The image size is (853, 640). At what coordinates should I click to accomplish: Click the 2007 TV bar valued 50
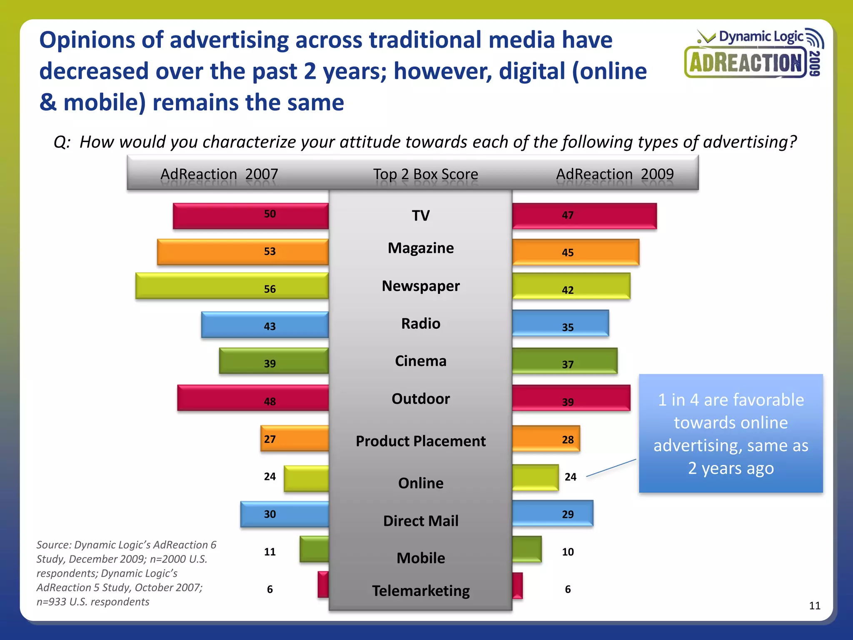pos(250,216)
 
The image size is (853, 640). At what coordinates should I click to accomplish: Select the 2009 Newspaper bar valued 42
pos(571,286)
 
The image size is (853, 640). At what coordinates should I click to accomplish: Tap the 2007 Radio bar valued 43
pos(265,325)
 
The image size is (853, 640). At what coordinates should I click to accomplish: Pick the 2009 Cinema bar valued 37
pos(565,361)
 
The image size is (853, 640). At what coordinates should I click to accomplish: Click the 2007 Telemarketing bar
pos(323,585)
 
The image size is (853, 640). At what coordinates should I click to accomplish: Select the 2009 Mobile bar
pos(527,549)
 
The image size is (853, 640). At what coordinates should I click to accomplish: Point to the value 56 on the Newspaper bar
pos(270,289)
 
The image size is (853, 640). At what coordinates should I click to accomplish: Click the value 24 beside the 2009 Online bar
pos(570,477)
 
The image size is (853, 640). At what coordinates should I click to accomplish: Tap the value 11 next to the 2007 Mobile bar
pos(270,552)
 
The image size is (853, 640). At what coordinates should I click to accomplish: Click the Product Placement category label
pos(421,441)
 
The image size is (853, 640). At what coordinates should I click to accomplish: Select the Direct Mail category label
pos(421,521)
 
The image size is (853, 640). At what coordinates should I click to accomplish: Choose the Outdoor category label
pos(421,399)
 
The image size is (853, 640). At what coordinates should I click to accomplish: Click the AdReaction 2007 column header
pos(219,174)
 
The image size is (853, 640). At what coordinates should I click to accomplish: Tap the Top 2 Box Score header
pos(425,174)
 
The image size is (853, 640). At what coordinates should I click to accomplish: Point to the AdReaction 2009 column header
pos(615,174)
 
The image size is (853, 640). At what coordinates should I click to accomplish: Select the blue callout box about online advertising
pos(731,433)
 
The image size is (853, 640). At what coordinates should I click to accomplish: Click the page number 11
pos(815,605)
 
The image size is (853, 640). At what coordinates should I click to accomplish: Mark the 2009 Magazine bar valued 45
pos(576,252)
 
